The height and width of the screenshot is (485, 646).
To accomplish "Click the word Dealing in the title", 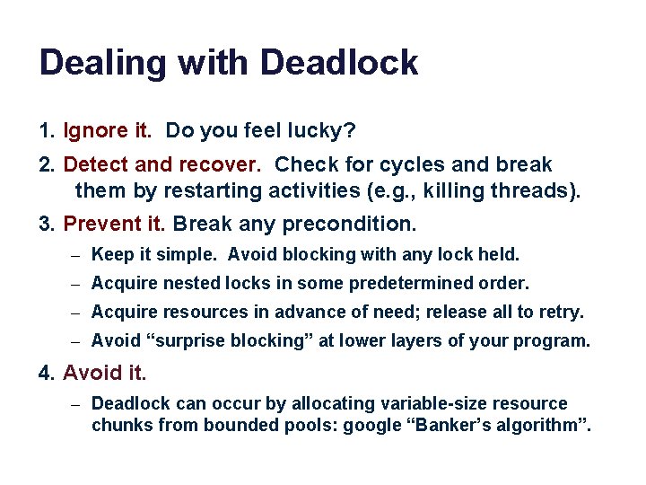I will click(x=99, y=63).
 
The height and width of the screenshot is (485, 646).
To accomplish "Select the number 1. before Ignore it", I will click(x=48, y=131).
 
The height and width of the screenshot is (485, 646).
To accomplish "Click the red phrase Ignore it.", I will click(x=108, y=131).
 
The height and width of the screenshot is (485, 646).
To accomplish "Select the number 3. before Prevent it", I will click(x=48, y=223).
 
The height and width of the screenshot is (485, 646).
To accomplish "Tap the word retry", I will click(x=562, y=313).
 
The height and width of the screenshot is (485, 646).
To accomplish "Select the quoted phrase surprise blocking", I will click(x=228, y=341).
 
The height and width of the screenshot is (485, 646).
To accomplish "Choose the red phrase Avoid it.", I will click(x=105, y=372).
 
